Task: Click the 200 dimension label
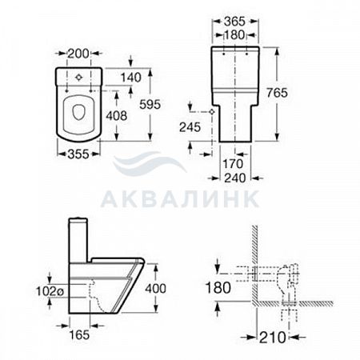point(78,54)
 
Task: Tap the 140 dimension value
point(131,78)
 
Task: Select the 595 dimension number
point(150,104)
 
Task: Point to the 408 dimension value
point(117,116)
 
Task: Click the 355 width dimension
point(78,154)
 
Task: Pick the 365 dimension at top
point(234,22)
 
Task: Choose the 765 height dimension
point(278,93)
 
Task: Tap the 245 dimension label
point(190,127)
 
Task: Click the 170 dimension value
point(233,164)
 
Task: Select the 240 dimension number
point(235,178)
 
